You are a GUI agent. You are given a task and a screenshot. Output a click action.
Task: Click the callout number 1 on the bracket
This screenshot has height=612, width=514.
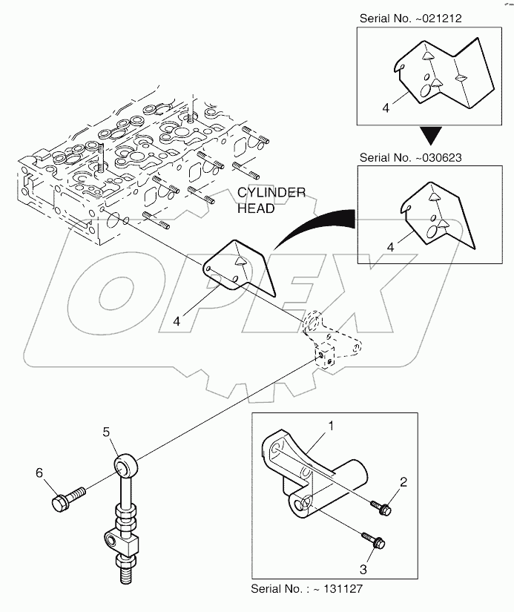tap(332, 427)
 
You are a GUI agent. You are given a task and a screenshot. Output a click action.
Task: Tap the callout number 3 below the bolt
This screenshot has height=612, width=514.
tap(363, 569)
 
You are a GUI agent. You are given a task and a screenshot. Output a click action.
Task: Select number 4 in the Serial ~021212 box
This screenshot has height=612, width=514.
tap(386, 108)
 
